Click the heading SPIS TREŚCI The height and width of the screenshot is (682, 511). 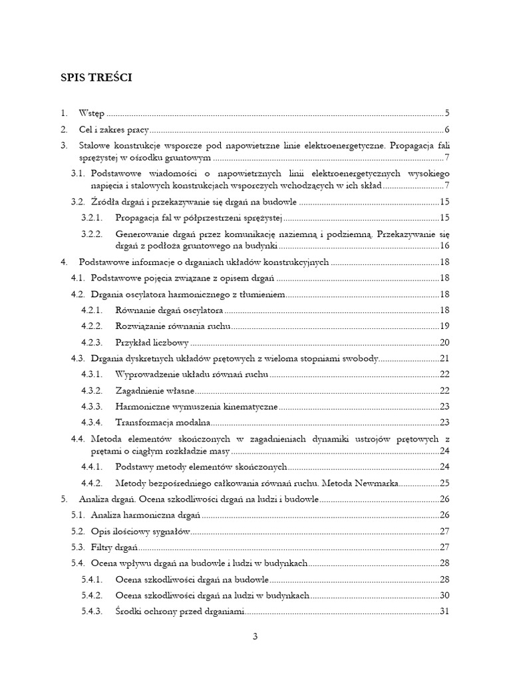click(x=96, y=78)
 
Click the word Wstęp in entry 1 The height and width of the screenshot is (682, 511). click(x=92, y=113)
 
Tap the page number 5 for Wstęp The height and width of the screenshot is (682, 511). click(x=448, y=113)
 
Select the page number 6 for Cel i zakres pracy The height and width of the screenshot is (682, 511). click(x=448, y=130)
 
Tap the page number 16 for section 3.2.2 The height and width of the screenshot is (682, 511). click(x=446, y=246)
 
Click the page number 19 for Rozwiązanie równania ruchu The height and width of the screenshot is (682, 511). click(x=446, y=326)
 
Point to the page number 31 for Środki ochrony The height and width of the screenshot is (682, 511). click(x=446, y=611)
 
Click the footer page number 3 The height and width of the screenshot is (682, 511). click(x=255, y=636)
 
